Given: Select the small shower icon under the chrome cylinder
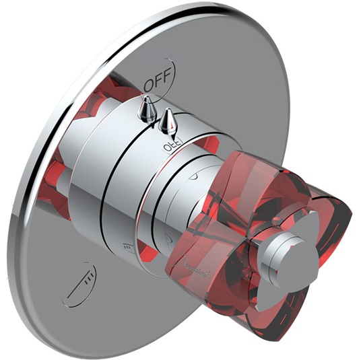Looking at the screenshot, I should (x=128, y=249).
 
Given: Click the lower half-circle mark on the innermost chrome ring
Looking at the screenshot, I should (x=168, y=238).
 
